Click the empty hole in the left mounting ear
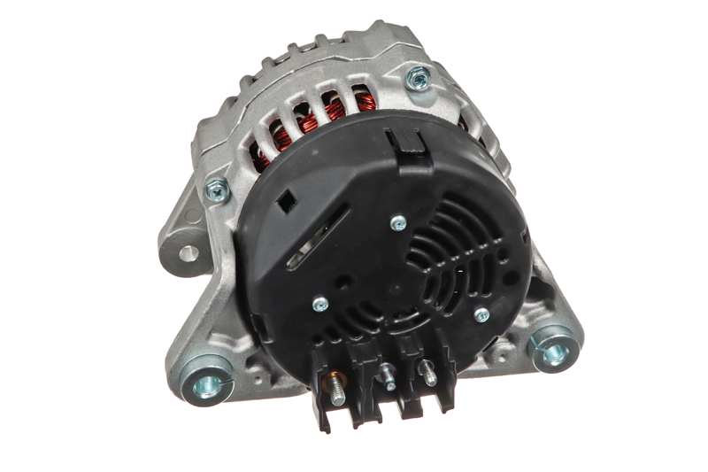(186, 251)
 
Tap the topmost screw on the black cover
(398, 222)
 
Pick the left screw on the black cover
(320, 304)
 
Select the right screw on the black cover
(482, 314)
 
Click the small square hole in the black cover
(286, 203)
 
